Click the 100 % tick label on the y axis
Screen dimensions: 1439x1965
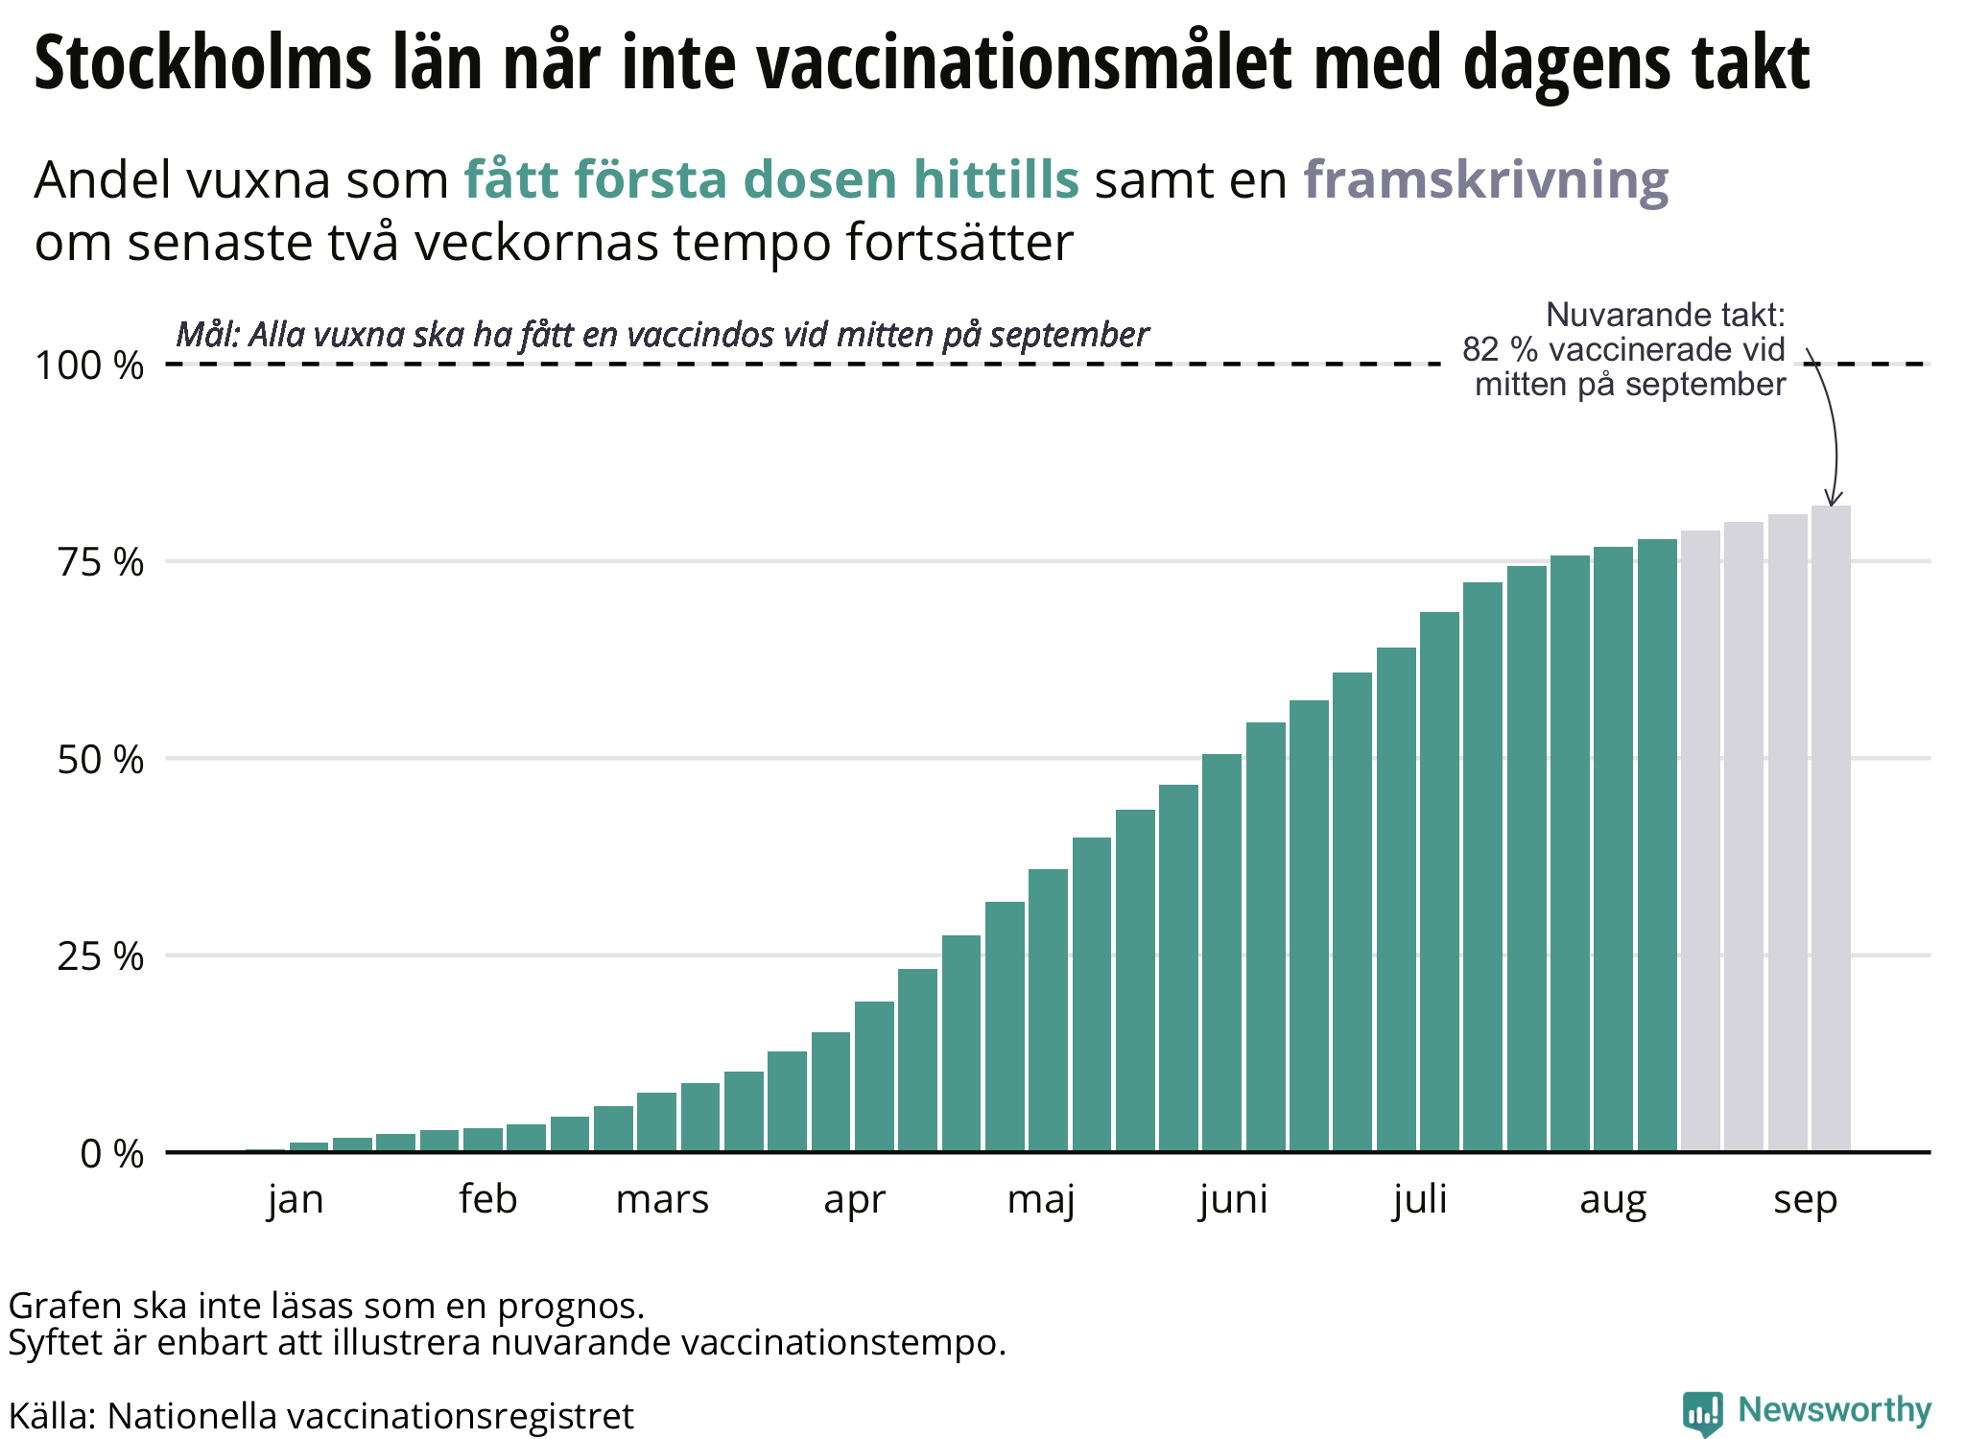tap(89, 366)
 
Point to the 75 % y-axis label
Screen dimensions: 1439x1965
tap(101, 562)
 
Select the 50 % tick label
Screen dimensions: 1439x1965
tap(101, 760)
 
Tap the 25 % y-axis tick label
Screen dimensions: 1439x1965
tap(101, 956)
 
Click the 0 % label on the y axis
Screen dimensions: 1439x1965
tap(112, 1154)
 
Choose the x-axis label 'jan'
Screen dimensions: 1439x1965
tap(296, 1200)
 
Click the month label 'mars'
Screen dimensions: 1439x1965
tap(662, 1200)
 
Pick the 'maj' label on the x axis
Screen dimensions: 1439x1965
tap(1041, 1200)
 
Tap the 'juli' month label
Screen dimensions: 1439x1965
tap(1420, 1200)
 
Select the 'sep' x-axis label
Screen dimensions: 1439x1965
tap(1805, 1200)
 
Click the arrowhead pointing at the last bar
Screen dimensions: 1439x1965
tap(1833, 500)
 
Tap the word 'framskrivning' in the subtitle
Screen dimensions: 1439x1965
tap(1485, 179)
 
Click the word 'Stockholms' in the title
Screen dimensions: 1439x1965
tap(202, 63)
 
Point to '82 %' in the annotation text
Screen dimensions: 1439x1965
tap(1500, 350)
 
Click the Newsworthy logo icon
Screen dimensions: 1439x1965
tap(1702, 1413)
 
